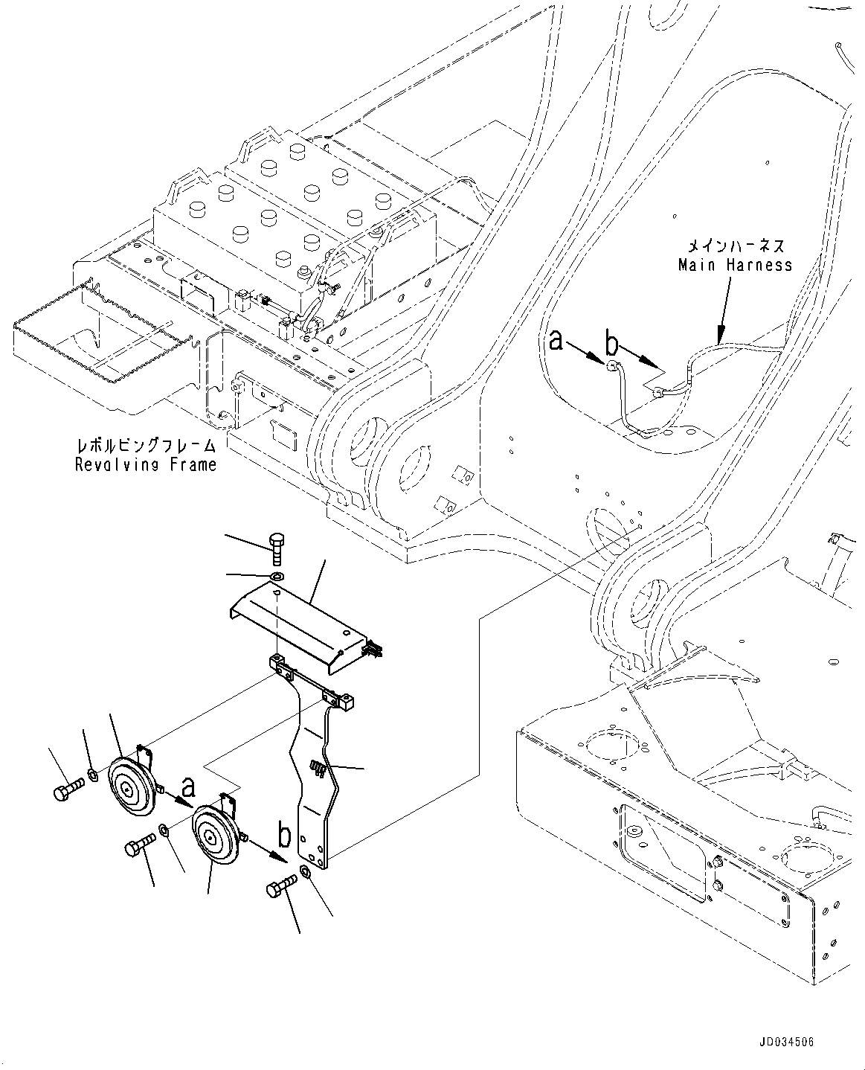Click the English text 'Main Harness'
[735, 265]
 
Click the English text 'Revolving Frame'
[146, 465]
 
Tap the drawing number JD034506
[788, 1043]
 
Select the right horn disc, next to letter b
[215, 839]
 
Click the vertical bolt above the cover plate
[277, 553]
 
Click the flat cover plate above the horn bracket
[298, 616]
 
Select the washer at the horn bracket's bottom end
[306, 872]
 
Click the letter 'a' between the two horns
[189, 786]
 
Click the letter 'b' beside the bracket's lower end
[285, 837]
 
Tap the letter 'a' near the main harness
[556, 342]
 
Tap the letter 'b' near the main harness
[611, 344]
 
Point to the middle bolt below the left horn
[140, 845]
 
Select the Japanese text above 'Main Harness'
[735, 245]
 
